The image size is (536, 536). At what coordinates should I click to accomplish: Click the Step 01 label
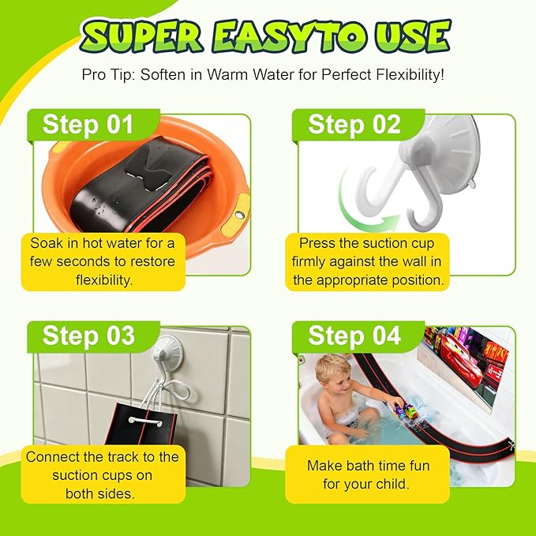pyautogui.click(x=88, y=125)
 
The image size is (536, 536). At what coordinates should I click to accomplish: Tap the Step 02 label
pyautogui.click(x=354, y=125)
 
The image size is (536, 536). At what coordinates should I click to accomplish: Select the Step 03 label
pyautogui.click(x=88, y=335)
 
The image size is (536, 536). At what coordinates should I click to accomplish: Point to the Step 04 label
pyautogui.click(x=354, y=335)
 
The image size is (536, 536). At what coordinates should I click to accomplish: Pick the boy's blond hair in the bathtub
pyautogui.click(x=332, y=368)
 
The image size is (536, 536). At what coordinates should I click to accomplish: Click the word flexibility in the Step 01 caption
pyautogui.click(x=104, y=280)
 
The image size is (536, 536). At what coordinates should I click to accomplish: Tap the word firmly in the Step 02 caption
pyautogui.click(x=309, y=262)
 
